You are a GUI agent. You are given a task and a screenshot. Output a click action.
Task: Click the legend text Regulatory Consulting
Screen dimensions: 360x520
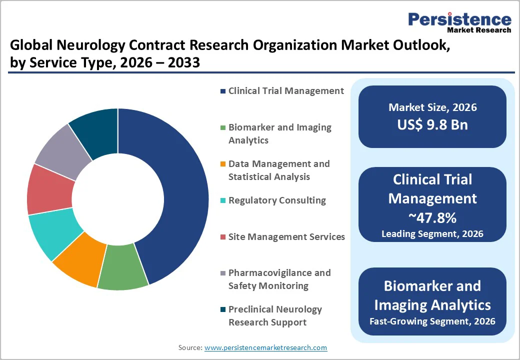(277, 200)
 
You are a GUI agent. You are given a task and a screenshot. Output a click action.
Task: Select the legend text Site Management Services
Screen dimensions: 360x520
(286, 236)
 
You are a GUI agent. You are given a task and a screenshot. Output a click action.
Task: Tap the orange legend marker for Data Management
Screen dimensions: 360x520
(222, 164)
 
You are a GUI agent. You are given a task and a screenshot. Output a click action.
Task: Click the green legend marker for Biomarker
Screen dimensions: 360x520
(222, 128)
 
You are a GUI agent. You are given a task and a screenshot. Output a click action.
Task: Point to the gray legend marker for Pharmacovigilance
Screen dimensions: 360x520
(222, 273)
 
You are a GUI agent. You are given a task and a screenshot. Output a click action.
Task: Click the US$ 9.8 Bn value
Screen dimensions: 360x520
(432, 125)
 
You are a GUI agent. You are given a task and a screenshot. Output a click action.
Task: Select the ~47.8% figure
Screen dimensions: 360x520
(432, 218)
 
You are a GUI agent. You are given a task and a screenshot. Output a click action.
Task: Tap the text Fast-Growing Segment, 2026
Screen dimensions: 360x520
(432, 321)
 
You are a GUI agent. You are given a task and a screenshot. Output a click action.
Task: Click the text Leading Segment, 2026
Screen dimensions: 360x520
(432, 233)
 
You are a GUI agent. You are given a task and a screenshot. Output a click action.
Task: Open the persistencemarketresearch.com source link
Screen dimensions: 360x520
(265, 347)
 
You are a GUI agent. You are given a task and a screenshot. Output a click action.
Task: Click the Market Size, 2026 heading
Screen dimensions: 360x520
(432, 107)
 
